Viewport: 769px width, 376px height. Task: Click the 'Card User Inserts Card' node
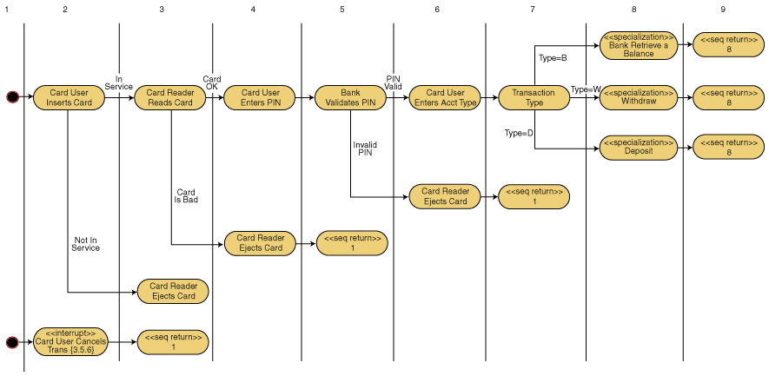click(70, 97)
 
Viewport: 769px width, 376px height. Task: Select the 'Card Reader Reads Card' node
click(170, 97)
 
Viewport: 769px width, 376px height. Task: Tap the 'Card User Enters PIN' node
click(261, 97)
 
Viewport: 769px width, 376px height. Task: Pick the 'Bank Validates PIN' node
click(350, 97)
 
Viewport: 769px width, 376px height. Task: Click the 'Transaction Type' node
click(534, 97)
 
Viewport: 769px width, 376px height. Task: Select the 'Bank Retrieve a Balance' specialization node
click(639, 45)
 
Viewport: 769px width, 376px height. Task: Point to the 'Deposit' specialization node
click(639, 148)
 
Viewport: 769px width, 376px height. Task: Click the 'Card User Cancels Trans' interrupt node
click(70, 342)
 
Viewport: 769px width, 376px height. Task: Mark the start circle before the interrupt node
click(12, 342)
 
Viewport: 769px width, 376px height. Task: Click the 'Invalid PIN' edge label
click(365, 148)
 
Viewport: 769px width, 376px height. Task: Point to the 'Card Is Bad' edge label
click(186, 196)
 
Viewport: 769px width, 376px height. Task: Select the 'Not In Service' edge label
click(85, 243)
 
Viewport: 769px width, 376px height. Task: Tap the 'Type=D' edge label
click(519, 133)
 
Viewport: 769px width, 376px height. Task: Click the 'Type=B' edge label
click(553, 58)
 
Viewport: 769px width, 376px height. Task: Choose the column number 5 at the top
click(342, 9)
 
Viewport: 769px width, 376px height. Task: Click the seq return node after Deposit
click(728, 148)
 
